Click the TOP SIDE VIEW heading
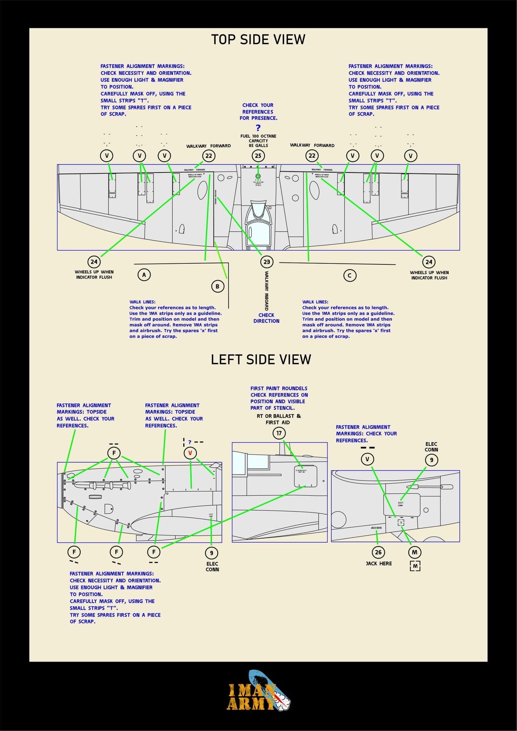coord(258,39)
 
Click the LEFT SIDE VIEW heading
coord(261,359)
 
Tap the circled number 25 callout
coord(258,156)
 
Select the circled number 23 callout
coord(267,262)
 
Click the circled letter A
coord(144,275)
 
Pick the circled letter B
coord(218,286)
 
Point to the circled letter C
coord(350,276)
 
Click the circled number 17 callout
coord(279,433)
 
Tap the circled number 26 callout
coord(378,552)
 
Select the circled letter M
coord(414,552)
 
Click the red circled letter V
coord(190,453)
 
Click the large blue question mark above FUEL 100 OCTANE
coord(258,128)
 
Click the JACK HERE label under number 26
coord(379,564)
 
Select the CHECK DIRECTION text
coord(266,318)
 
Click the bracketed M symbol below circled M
coord(415,566)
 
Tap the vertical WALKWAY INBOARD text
coord(267,291)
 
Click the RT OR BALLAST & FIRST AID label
coord(278,419)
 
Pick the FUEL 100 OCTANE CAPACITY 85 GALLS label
coord(258,141)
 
